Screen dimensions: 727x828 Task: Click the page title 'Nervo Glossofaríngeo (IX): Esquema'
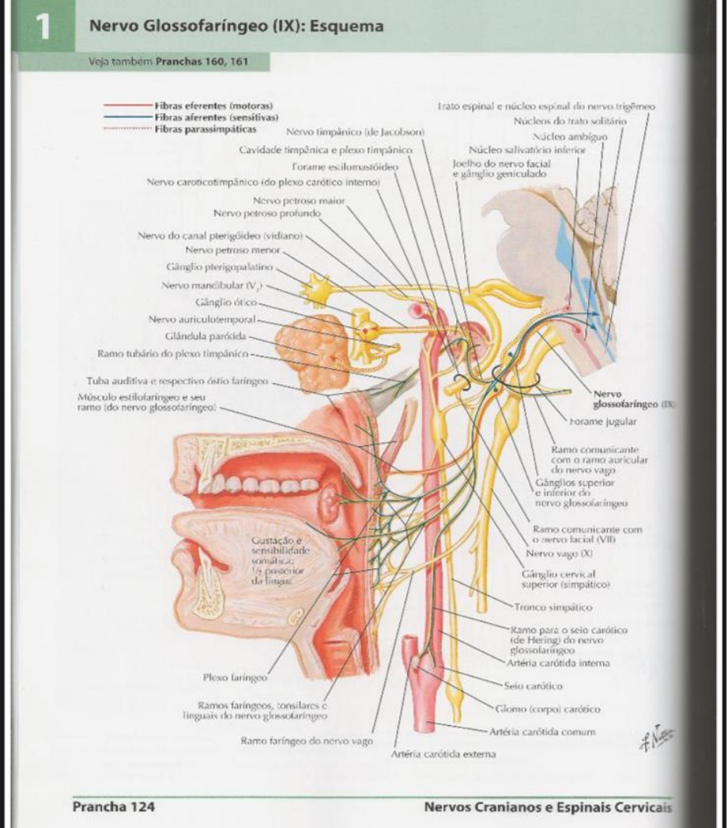coord(236,27)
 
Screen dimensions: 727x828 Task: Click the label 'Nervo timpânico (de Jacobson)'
coord(355,133)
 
